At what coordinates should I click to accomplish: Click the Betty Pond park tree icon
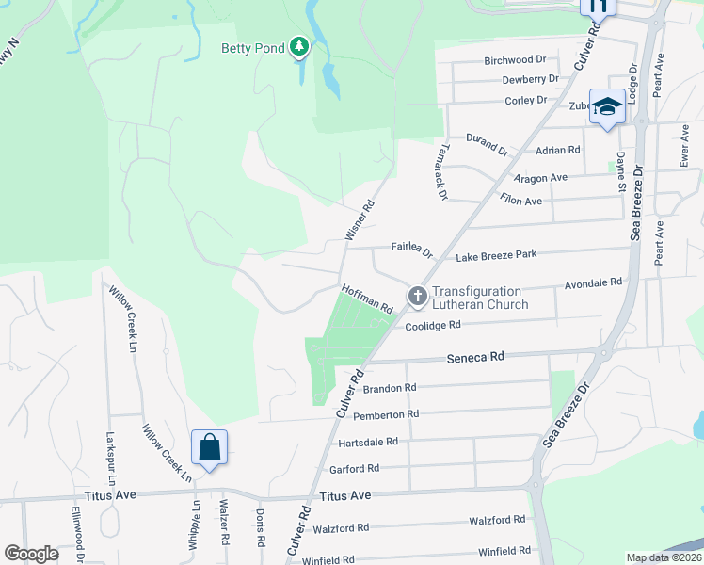tap(299, 46)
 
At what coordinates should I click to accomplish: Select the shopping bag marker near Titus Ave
tap(209, 446)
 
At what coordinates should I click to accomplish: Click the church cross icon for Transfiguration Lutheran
tap(417, 297)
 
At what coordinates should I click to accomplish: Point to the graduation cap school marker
tap(607, 106)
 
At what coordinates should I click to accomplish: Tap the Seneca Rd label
tap(475, 357)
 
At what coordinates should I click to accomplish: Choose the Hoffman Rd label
tap(367, 300)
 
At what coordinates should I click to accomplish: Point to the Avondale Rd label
tap(593, 282)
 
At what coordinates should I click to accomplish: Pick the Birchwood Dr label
tap(515, 60)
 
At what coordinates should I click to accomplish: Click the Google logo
tap(31, 554)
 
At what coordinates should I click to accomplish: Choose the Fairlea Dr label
tap(410, 250)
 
